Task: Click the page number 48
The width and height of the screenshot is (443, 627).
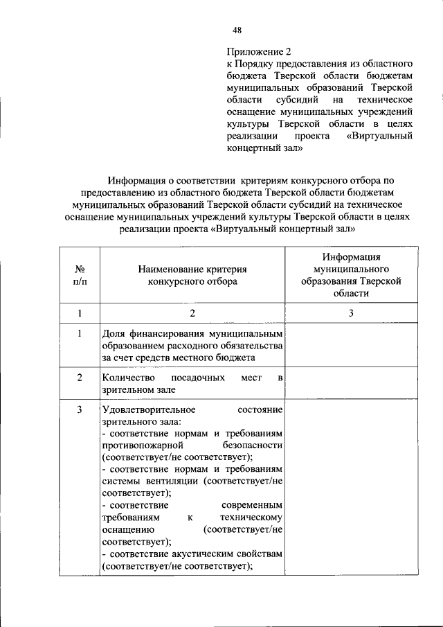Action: [x=237, y=30]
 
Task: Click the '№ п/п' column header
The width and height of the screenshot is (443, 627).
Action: [x=80, y=275]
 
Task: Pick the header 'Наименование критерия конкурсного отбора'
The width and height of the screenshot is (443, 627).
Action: [x=192, y=275]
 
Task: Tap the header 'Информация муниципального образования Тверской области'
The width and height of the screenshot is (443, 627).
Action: [x=351, y=275]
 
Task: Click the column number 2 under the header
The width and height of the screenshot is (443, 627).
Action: [x=192, y=313]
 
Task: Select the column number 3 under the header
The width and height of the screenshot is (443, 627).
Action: [x=351, y=313]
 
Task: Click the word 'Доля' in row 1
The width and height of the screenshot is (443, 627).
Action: [x=113, y=333]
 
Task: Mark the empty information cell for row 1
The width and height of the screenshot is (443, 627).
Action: [x=351, y=346]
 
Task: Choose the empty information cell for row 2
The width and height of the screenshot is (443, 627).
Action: [x=351, y=384]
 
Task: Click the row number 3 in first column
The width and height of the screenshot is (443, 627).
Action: [x=80, y=410]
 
